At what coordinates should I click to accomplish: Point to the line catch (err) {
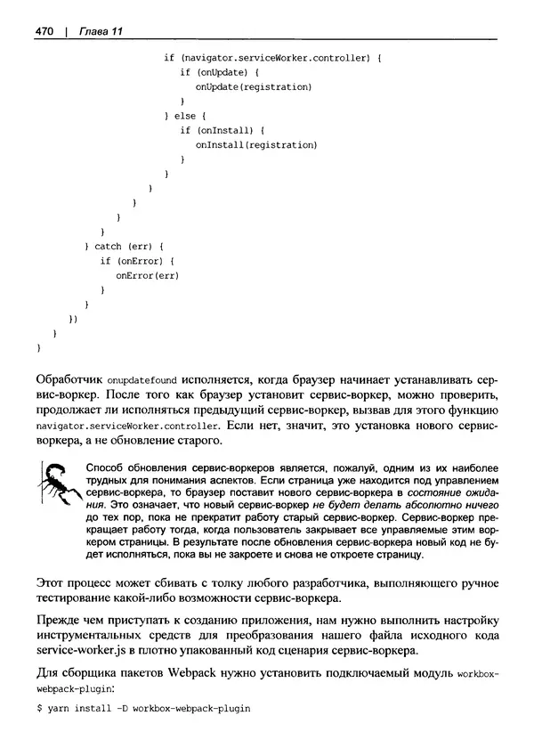(x=124, y=246)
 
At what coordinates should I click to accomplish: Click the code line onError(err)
(x=148, y=275)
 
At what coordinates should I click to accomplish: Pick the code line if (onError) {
(x=137, y=261)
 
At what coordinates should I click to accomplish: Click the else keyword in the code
(x=184, y=116)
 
